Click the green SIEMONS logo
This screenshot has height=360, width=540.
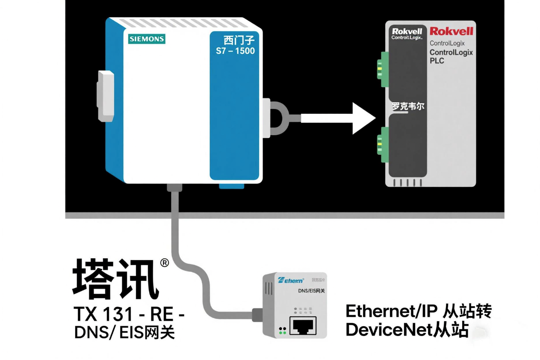coord(147,39)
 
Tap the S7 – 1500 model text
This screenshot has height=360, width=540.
coord(235,51)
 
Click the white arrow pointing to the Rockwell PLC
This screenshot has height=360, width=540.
coord(338,118)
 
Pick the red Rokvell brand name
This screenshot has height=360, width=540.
coord(451,31)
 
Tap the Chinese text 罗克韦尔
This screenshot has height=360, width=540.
coord(408,106)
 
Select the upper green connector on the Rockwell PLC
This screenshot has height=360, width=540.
coord(382,66)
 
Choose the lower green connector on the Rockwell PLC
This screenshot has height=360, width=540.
coord(382,148)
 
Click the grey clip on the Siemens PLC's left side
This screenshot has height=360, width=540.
coord(106,95)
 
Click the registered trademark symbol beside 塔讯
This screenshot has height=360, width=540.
coord(165,263)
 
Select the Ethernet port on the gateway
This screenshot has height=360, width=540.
coord(303,326)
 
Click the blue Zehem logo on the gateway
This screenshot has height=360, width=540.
coord(291,280)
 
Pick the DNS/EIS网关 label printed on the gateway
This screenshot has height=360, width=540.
coord(311,291)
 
